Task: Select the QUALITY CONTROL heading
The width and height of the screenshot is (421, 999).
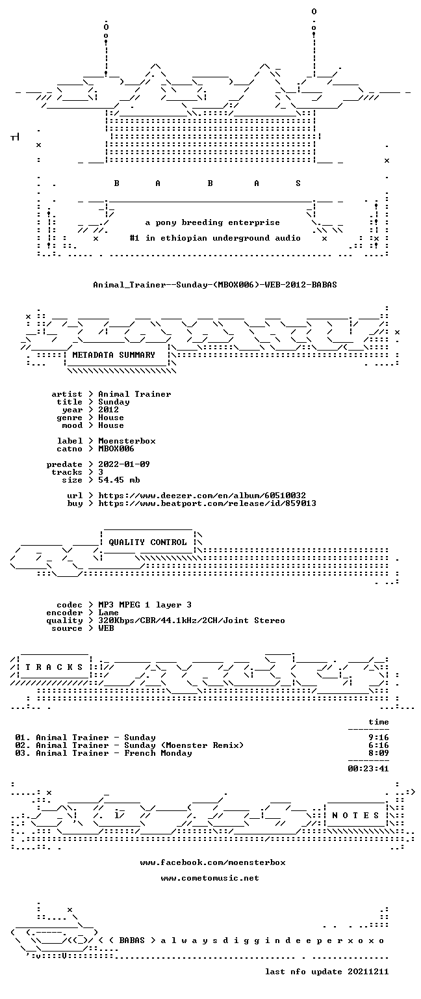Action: pyautogui.click(x=147, y=542)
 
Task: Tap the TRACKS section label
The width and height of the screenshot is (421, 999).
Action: pyautogui.click(x=55, y=667)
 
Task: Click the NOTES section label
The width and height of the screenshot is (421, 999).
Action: pyautogui.click(x=355, y=815)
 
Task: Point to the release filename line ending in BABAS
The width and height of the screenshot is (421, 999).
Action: pyautogui.click(x=215, y=285)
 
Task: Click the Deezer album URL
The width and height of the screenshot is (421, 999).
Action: pyautogui.click(x=202, y=496)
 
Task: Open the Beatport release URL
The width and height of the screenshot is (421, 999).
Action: pyautogui.click(x=207, y=503)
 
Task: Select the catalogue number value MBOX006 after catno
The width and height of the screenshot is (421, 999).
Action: pyautogui.click(x=116, y=449)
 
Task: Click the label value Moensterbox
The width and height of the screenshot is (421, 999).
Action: pyautogui.click(x=127, y=441)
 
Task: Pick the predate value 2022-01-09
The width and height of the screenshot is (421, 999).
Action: pyautogui.click(x=124, y=464)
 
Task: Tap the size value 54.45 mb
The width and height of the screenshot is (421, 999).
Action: pyautogui.click(x=119, y=480)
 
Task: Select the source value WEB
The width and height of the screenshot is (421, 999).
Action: pyautogui.click(x=106, y=628)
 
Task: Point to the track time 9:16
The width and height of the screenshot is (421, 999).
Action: pyautogui.click(x=379, y=738)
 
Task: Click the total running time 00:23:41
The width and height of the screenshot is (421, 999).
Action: pyautogui.click(x=368, y=769)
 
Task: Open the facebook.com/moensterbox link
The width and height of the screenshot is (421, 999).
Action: pyautogui.click(x=213, y=862)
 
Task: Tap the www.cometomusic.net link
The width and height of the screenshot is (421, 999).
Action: pyautogui.click(x=210, y=878)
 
